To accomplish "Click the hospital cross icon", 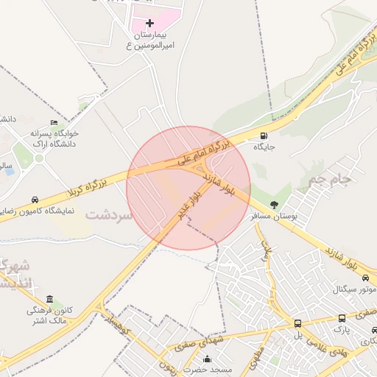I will click(x=150, y=24).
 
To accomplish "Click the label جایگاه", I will click(x=264, y=147).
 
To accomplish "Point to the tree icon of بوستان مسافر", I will click(x=275, y=205).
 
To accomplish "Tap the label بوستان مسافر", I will click(x=274, y=216).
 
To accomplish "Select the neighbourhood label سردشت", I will click(x=108, y=216).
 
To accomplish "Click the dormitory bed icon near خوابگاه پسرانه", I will click(x=53, y=123).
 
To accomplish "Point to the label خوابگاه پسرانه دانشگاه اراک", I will click(x=54, y=138).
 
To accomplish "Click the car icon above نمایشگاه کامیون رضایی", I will click(x=35, y=200).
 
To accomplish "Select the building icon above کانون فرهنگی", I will click(x=49, y=299).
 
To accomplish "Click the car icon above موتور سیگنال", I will click(x=365, y=278).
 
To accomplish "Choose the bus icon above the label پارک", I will click(x=342, y=318).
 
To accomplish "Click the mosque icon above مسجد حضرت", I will click(x=207, y=360).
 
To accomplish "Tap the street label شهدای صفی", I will click(x=194, y=341).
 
